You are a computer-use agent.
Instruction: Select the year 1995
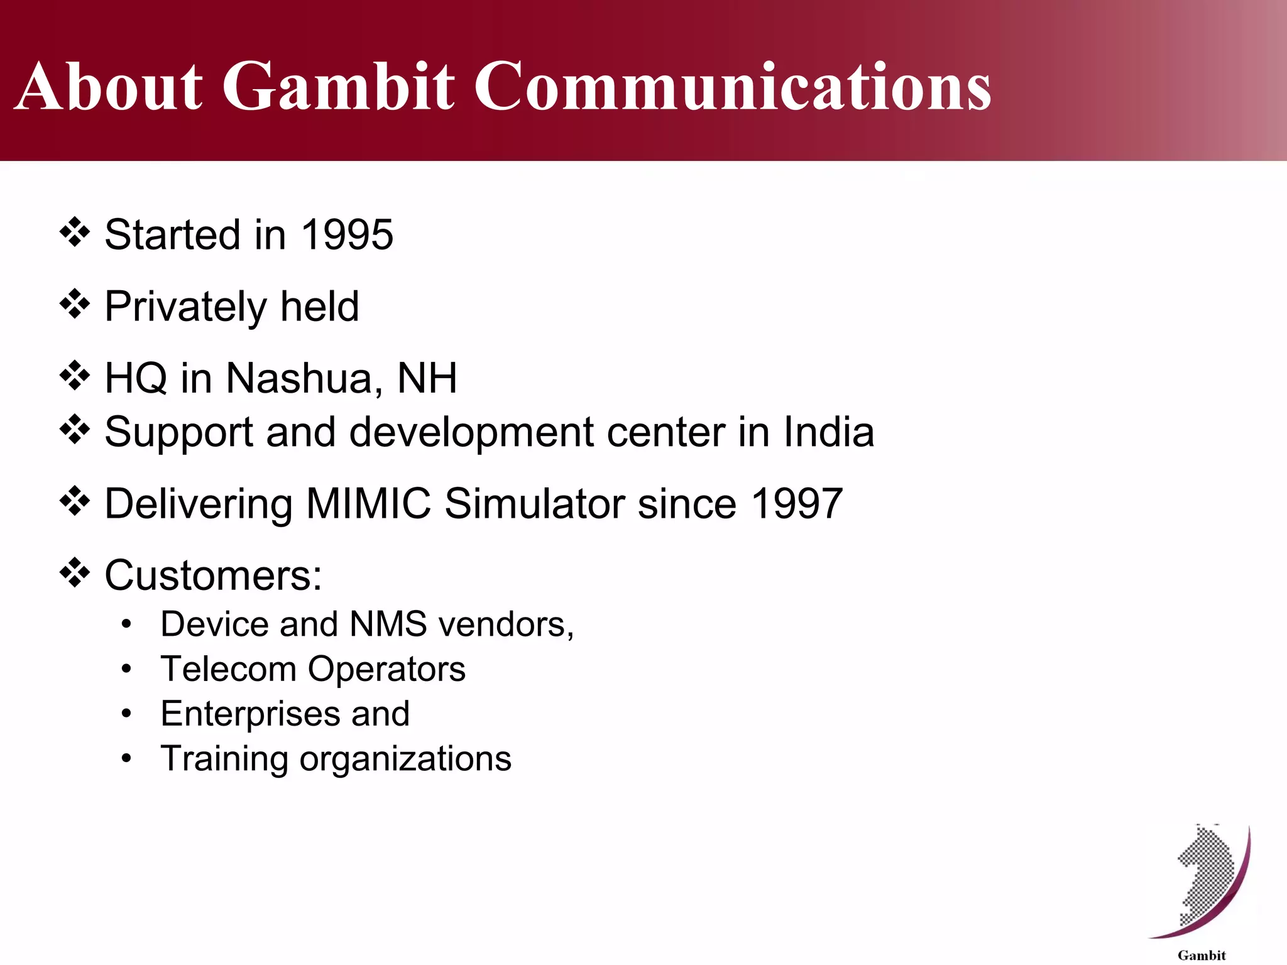point(347,234)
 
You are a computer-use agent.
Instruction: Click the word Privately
point(185,307)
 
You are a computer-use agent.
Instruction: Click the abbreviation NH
point(427,378)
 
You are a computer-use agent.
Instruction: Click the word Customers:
point(213,575)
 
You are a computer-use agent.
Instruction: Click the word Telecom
point(228,668)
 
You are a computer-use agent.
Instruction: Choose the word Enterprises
point(249,714)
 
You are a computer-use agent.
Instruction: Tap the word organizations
point(405,758)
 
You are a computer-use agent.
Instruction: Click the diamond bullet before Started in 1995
point(75,232)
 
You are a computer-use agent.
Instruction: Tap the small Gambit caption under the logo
point(1202,955)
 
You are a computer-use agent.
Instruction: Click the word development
point(470,432)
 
